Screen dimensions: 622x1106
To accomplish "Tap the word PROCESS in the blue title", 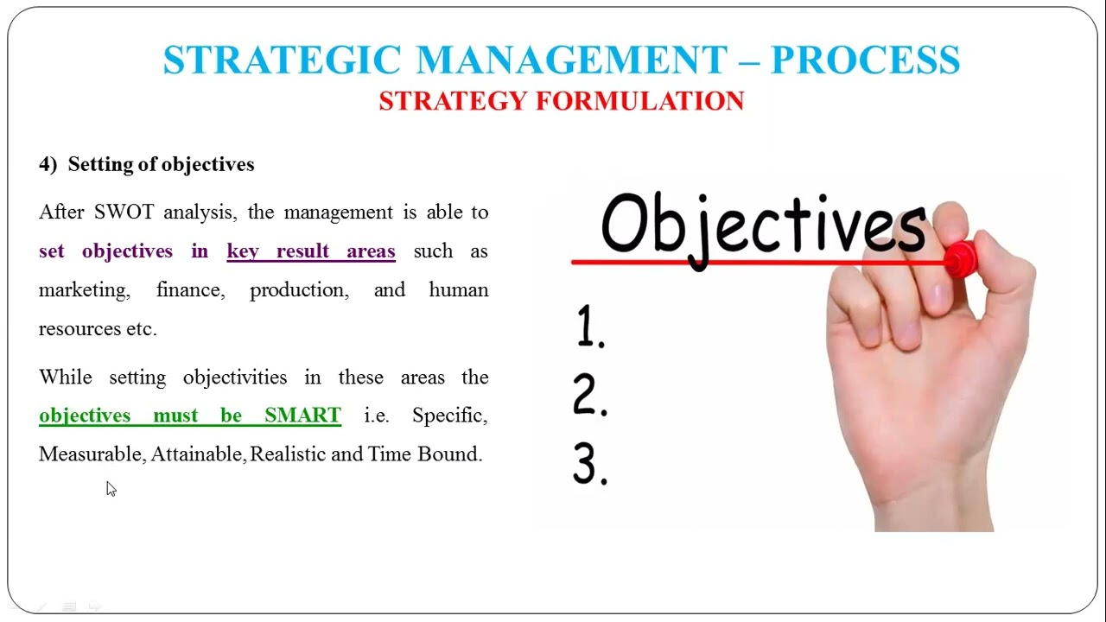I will coord(865,60).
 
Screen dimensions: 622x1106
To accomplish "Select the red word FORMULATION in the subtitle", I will coord(639,101).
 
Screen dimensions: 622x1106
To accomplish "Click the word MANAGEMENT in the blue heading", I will coord(571,60).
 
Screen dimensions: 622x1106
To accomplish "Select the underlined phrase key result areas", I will coord(311,251).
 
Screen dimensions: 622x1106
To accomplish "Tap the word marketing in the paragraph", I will coord(84,290).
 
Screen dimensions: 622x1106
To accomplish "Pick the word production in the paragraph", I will coord(299,290).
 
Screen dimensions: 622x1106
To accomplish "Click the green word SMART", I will coord(302,416).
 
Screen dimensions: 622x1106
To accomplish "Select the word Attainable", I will coord(198,454).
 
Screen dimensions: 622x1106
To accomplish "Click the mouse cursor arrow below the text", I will coord(110,488).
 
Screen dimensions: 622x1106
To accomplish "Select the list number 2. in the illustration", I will coord(590,396).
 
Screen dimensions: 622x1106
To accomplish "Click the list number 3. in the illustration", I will coord(590,465).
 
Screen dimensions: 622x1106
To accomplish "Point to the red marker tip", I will coord(958,259).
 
